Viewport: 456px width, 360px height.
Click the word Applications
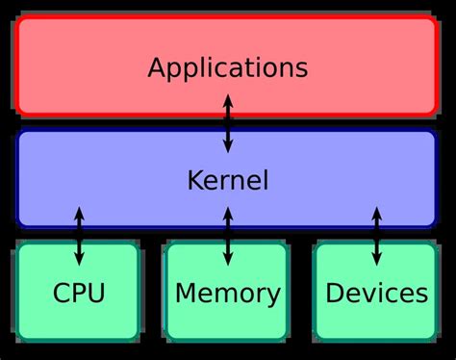click(x=227, y=68)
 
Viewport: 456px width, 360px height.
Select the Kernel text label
click(x=227, y=180)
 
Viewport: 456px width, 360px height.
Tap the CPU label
click(x=78, y=293)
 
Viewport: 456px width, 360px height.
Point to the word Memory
click(x=227, y=293)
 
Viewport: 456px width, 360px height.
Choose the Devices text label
click(x=376, y=293)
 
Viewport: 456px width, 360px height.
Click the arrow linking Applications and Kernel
click(x=227, y=123)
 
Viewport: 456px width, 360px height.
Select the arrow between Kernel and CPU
click(x=78, y=236)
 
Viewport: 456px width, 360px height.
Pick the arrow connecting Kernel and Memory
click(x=227, y=236)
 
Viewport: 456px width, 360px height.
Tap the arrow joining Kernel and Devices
click(x=376, y=236)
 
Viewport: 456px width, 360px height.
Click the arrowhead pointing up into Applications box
click(x=227, y=99)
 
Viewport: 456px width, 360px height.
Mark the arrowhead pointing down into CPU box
click(x=78, y=260)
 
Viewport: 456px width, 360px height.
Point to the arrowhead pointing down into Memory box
click(x=227, y=260)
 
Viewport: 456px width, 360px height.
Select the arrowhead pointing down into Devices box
click(x=376, y=260)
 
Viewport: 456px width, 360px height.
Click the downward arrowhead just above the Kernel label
click(x=227, y=147)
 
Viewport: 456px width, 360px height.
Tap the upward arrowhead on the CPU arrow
click(x=78, y=212)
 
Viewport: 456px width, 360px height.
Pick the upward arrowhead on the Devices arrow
click(x=376, y=212)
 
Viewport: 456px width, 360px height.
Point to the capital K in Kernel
click(x=192, y=180)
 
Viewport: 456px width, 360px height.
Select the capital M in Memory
click(x=185, y=293)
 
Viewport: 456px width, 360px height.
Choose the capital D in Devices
click(x=333, y=293)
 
